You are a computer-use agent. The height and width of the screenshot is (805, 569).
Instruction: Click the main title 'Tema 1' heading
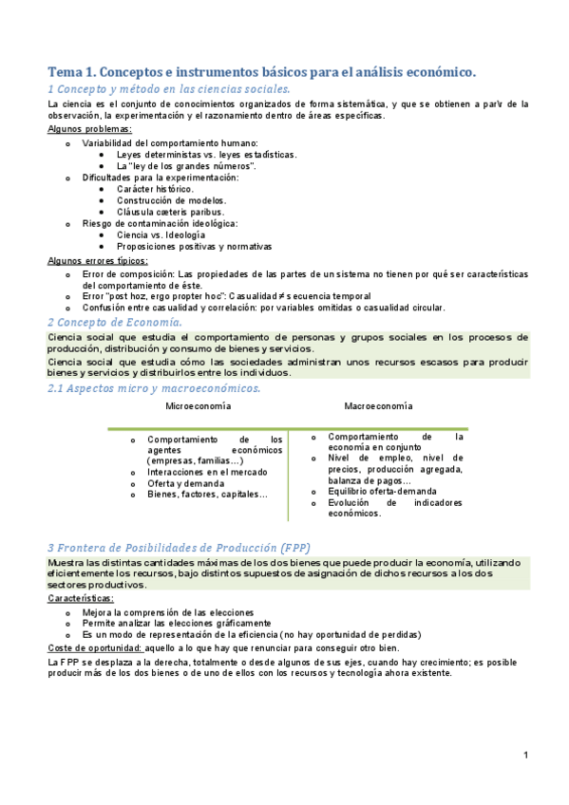(x=261, y=71)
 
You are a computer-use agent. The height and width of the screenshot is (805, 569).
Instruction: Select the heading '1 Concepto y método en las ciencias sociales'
(x=168, y=88)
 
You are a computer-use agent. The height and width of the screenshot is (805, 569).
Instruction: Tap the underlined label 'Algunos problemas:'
(x=89, y=129)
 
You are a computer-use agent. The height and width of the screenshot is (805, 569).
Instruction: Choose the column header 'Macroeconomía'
(x=378, y=406)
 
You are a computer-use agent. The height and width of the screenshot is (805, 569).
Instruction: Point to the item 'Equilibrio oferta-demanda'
(x=382, y=492)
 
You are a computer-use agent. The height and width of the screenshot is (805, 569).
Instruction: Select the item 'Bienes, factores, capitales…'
(x=207, y=494)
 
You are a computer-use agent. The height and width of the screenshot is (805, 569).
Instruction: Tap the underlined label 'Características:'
(x=81, y=599)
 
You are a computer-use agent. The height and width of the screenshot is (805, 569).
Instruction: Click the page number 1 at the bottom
(x=525, y=756)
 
